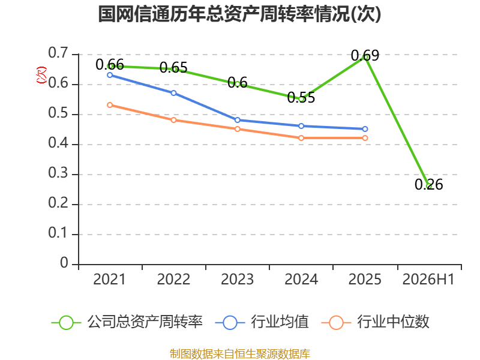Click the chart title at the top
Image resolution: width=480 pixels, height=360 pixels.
[239, 14]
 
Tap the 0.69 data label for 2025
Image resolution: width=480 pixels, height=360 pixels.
[365, 56]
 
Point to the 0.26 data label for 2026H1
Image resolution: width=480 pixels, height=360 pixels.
[428, 185]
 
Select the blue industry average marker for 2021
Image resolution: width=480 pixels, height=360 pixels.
[110, 75]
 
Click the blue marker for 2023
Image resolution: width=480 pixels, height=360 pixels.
[237, 120]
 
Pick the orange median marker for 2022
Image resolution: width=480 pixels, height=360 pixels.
[173, 120]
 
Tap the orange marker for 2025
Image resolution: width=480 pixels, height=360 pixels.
[365, 138]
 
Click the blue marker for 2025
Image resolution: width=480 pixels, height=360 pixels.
[365, 129]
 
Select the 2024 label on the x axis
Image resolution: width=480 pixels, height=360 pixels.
[301, 280]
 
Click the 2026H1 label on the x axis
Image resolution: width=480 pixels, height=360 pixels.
[428, 280]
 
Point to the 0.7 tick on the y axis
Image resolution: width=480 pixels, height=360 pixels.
[58, 53]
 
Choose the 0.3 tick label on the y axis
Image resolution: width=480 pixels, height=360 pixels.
[58, 173]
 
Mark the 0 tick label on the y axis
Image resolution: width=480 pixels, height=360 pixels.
[64, 263]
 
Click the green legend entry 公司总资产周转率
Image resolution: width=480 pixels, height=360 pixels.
[127, 322]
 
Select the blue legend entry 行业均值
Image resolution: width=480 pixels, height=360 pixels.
[262, 322]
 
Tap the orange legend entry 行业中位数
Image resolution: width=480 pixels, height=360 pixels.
[376, 322]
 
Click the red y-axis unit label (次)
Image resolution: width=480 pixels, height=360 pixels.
[41, 74]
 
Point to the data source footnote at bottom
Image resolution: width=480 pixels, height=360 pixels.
[240, 354]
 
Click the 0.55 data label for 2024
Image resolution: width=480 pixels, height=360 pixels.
[301, 98]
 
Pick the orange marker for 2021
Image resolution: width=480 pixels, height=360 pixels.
[110, 105]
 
